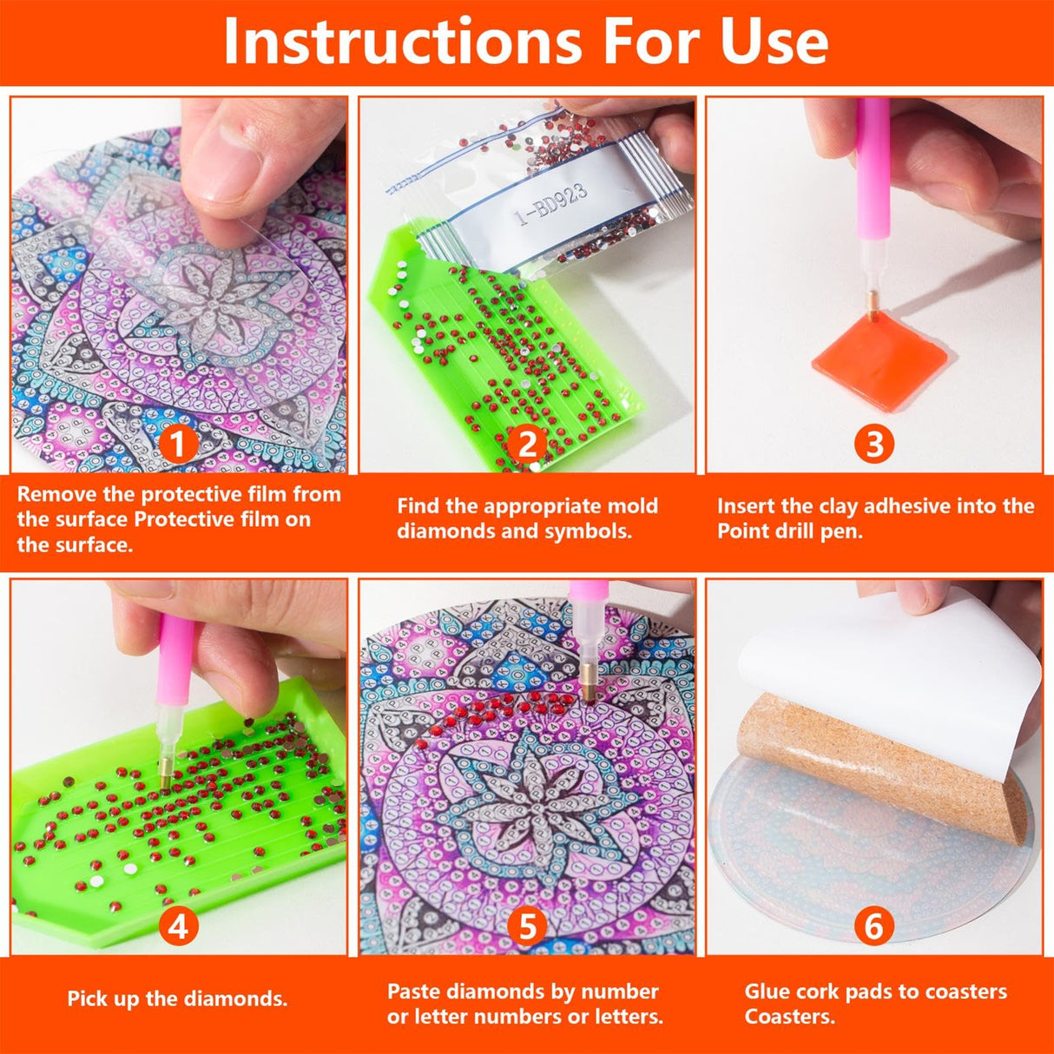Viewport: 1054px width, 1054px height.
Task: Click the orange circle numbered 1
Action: coord(178,445)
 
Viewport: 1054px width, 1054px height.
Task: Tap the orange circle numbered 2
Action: coord(527,445)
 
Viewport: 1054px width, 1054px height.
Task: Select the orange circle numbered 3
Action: coord(874,445)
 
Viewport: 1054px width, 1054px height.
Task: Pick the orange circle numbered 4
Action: coord(178,927)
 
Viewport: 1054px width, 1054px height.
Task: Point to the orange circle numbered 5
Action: coord(527,927)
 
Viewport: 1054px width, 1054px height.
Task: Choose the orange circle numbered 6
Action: coord(874,927)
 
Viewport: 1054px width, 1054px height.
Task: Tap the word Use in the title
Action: coord(774,41)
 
